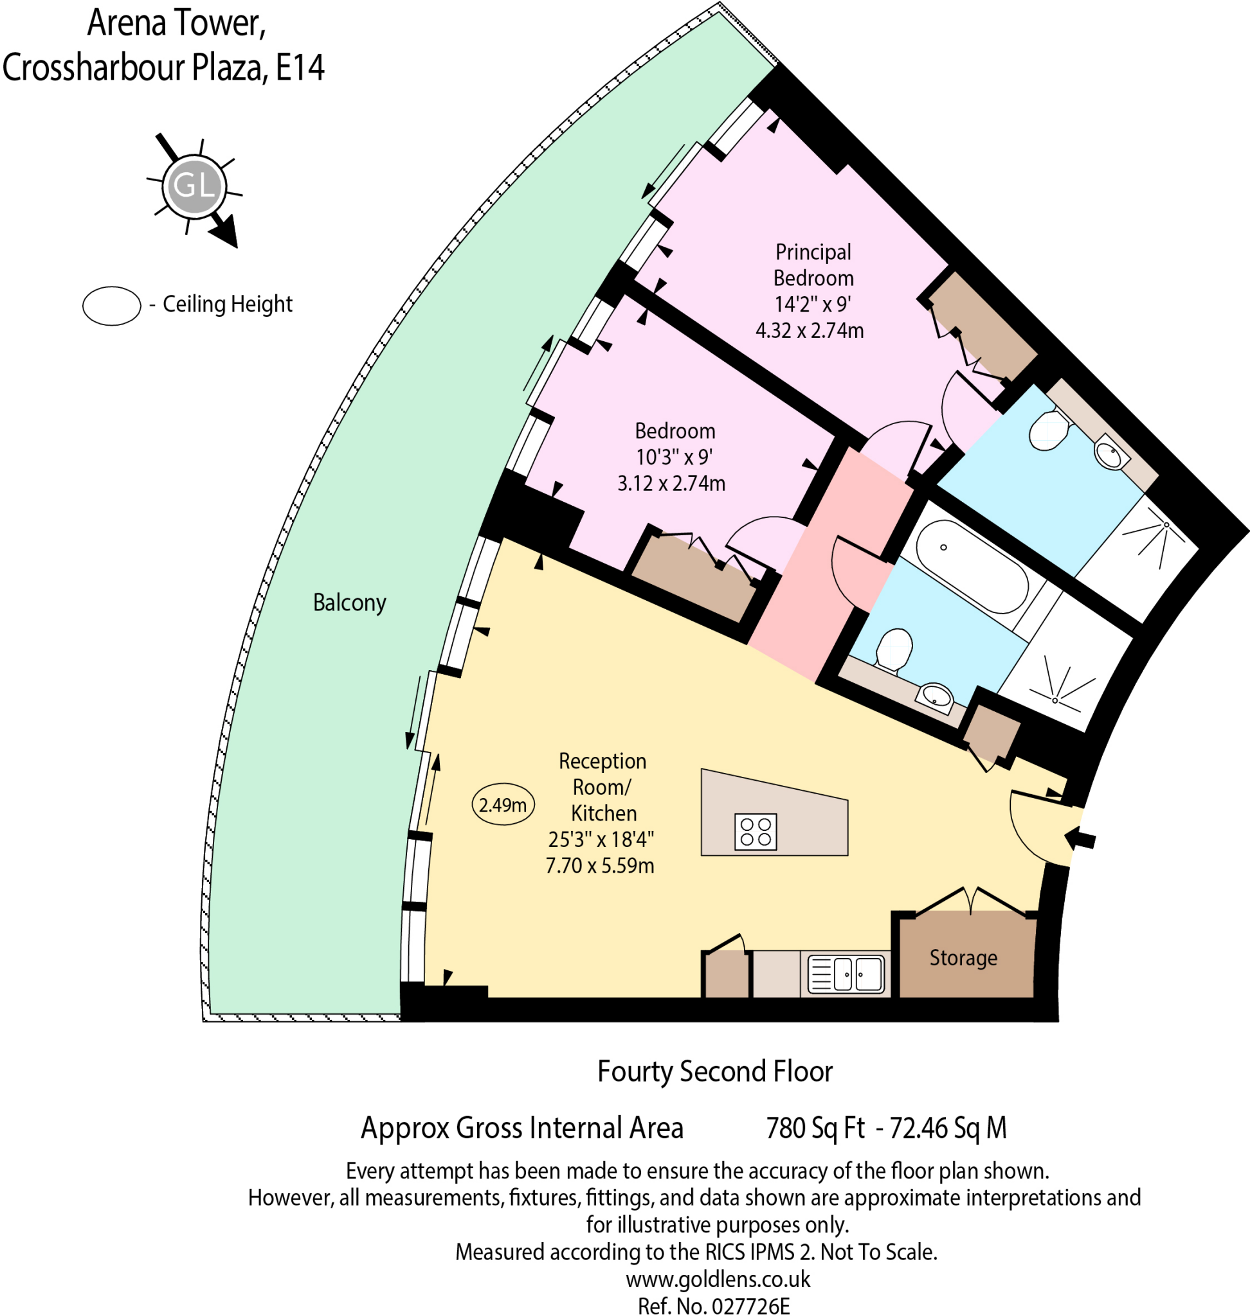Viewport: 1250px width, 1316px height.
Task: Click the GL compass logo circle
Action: click(194, 186)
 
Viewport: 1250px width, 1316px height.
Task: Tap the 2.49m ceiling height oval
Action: click(503, 805)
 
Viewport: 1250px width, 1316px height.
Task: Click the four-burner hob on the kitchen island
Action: click(756, 832)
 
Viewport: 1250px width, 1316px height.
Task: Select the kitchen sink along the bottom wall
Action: click(846, 974)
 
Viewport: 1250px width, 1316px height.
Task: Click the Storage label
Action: click(963, 957)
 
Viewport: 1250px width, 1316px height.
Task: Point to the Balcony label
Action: click(349, 603)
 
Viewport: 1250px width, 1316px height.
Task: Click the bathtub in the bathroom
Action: click(972, 566)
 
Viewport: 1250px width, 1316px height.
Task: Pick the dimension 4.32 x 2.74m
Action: click(809, 330)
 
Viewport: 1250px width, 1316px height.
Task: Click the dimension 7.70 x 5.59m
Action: click(599, 866)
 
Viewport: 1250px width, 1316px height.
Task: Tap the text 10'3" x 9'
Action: click(674, 457)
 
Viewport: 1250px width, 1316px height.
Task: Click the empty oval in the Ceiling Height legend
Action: click(111, 306)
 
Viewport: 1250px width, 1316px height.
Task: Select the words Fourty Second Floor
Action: click(714, 1072)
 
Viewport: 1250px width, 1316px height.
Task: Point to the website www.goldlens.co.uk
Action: click(718, 1279)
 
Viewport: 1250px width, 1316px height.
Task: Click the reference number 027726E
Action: click(750, 1306)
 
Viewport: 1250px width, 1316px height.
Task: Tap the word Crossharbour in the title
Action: click(95, 68)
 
